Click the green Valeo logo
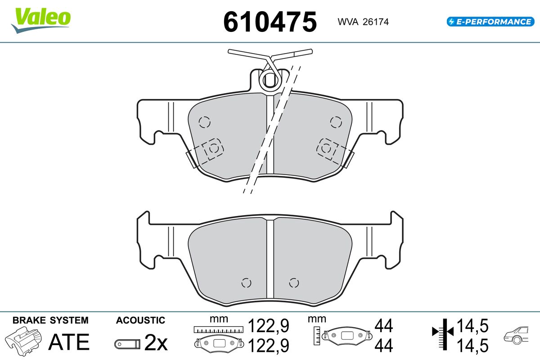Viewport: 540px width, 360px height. click(41, 20)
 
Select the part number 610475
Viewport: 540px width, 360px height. click(270, 22)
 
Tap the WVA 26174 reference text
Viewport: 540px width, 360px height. click(363, 22)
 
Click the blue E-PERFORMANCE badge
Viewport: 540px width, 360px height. click(490, 22)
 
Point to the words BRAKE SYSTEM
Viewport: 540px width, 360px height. click(50, 320)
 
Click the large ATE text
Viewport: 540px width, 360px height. click(69, 342)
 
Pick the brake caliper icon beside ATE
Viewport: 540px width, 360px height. click(23, 341)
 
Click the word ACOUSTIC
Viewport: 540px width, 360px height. click(140, 320)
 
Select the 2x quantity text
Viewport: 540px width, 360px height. click(156, 342)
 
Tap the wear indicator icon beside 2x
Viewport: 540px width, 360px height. click(127, 344)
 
